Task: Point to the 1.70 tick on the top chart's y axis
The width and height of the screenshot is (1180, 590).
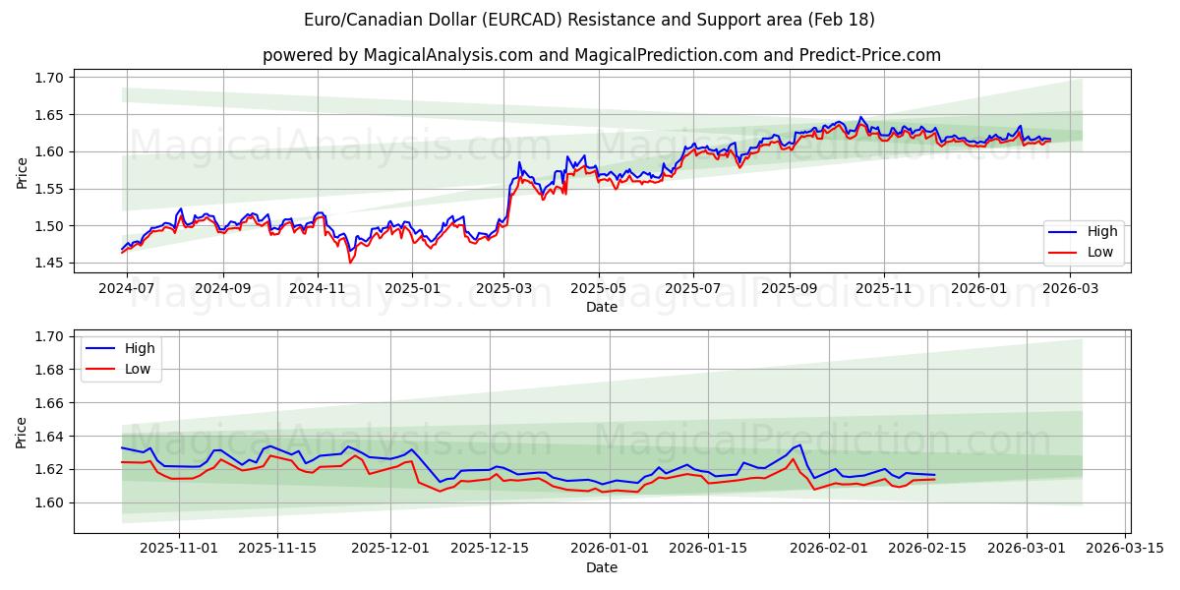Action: coord(50,78)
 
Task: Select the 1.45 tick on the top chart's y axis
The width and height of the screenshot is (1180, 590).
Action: coord(50,263)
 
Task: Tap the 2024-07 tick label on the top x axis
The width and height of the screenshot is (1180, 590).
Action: coord(127,289)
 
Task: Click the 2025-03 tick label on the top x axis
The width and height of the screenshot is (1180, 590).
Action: coord(503,289)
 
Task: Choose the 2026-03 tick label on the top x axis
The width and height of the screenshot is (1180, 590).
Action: coord(1070,289)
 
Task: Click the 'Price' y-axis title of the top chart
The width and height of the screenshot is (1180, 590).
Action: coord(22,173)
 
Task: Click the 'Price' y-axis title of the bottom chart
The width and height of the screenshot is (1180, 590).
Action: coord(22,433)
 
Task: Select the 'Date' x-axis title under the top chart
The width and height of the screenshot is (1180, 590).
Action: coord(602,307)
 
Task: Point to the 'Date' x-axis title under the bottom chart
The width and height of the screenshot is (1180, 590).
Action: coord(602,567)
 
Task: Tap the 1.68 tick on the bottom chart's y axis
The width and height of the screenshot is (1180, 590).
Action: coord(50,370)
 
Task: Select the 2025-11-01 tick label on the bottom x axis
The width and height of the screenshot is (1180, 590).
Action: coord(179,549)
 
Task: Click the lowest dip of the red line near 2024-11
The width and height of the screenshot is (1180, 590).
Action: coord(349,262)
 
